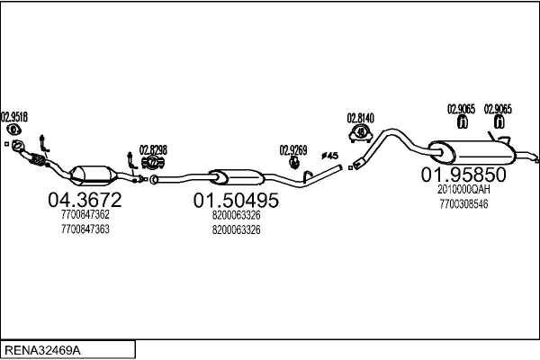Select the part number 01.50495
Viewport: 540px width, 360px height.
click(236, 199)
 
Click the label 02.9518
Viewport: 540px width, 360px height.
click(14, 116)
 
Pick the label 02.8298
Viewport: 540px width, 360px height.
click(153, 150)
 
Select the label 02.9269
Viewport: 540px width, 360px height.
click(293, 150)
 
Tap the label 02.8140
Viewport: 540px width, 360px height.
click(361, 118)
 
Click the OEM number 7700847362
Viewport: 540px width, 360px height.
click(85, 214)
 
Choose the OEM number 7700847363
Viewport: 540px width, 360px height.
click(85, 229)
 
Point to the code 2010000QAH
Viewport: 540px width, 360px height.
click(464, 190)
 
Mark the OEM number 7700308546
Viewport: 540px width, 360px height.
click(464, 204)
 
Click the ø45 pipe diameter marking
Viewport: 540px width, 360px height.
click(329, 156)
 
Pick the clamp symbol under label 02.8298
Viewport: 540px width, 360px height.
click(153, 164)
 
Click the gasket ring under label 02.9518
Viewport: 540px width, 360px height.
click(13, 130)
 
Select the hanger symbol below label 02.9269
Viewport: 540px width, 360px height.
click(293, 163)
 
